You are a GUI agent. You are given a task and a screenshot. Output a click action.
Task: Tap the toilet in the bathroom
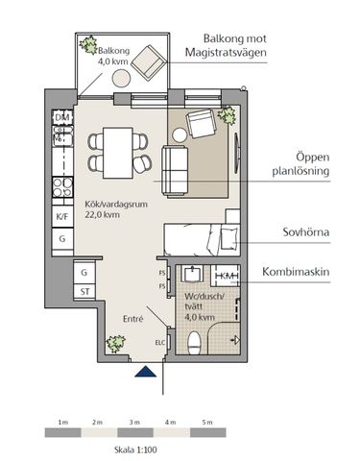point(196,340)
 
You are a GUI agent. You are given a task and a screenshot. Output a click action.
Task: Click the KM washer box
point(226,277)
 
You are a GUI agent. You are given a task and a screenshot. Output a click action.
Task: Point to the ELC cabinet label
point(160,340)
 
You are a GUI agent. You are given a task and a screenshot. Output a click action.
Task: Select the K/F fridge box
point(62,217)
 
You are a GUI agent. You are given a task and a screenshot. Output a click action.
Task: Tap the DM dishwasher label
point(62,117)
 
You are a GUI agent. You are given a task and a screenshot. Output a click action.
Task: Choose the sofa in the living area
point(176,168)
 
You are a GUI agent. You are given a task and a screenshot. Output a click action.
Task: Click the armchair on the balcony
point(147,64)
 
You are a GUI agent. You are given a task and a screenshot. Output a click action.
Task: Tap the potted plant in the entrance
point(116,342)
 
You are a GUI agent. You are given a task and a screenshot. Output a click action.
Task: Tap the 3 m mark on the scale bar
point(134,422)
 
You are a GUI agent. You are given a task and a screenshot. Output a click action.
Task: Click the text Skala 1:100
point(133,447)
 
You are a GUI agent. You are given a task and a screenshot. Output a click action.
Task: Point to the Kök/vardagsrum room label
point(114,208)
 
